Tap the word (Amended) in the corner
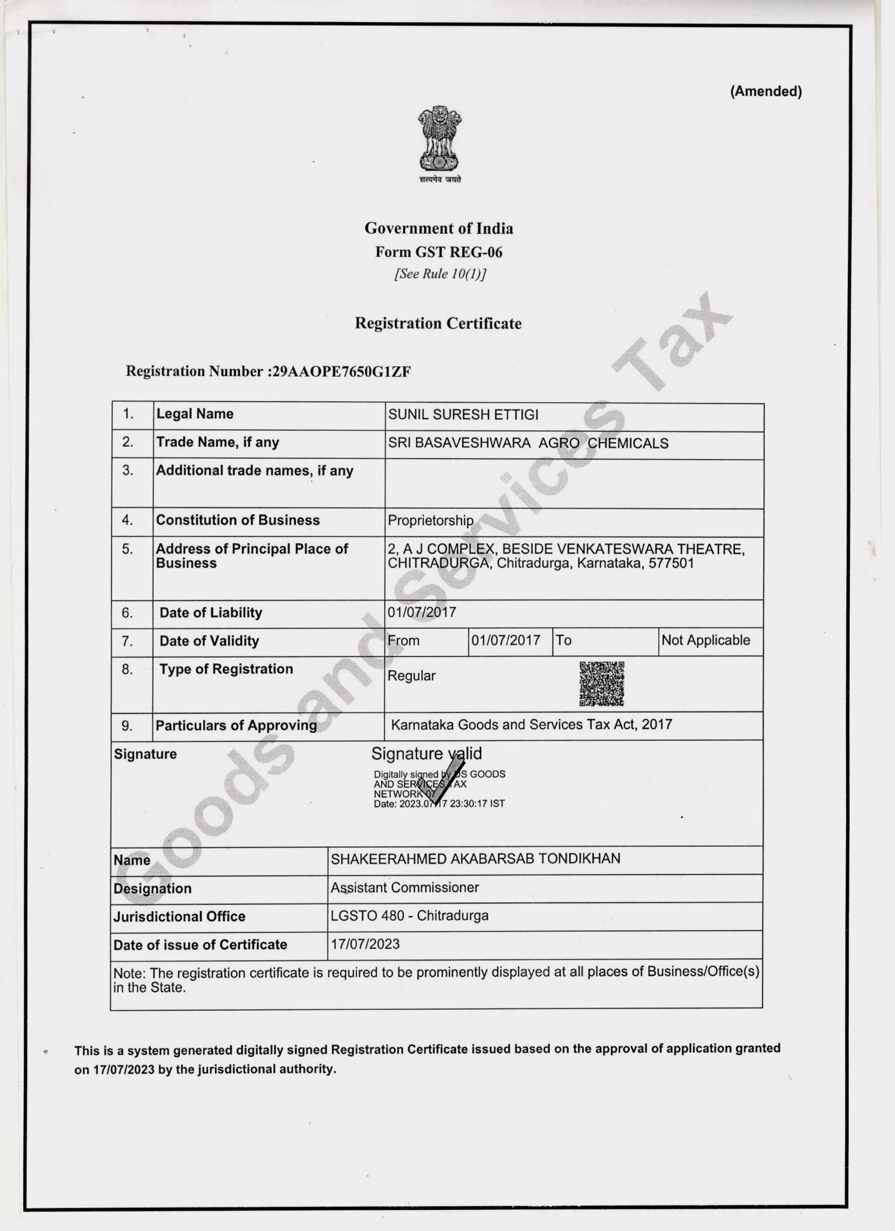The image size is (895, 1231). coord(765,91)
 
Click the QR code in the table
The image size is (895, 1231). coord(601,683)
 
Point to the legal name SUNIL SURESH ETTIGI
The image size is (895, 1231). coord(463,415)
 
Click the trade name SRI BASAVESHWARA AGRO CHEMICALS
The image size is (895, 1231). coord(528,443)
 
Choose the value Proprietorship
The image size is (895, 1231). coord(431,521)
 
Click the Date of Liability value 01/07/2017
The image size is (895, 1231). coord(422,613)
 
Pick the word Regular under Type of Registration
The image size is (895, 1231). coord(411,676)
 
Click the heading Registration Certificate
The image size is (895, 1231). coord(438,323)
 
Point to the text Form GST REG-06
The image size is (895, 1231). coord(439,252)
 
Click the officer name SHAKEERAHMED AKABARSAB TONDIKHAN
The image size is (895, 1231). coord(475,859)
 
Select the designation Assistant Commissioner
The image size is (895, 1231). coord(405,887)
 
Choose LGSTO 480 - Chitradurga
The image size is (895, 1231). coord(409,916)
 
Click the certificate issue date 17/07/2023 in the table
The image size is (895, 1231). coord(365,944)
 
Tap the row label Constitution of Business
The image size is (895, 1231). coord(238,520)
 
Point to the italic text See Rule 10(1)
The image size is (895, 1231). coord(440,274)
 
